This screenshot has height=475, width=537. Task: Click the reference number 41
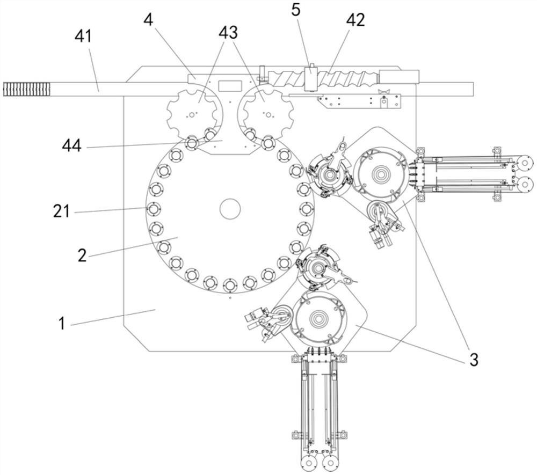(83, 36)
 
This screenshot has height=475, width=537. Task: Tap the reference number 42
(355, 20)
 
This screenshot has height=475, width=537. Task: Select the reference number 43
(228, 33)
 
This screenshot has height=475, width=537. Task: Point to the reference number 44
(71, 146)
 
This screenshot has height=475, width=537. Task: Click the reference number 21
(62, 211)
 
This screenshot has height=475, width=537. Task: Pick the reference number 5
(295, 10)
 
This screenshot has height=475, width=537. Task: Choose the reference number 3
(474, 360)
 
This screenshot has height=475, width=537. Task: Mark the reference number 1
(62, 324)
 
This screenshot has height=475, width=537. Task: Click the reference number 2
(82, 255)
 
